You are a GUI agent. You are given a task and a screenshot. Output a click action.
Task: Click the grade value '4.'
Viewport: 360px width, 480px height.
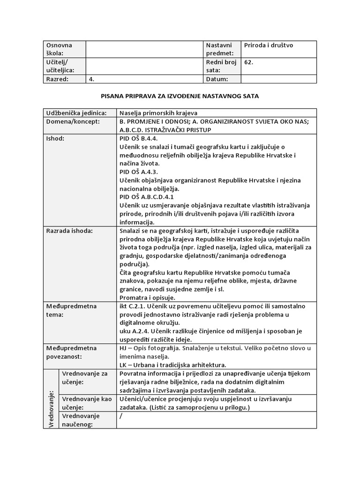92,79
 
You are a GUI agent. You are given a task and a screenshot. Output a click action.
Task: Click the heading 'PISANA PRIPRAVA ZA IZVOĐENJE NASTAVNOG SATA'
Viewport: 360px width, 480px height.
180,96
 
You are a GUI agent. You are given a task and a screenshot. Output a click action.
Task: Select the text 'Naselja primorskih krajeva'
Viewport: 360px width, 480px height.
159,113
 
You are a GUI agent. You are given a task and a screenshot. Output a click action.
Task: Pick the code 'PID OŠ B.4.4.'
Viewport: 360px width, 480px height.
140,139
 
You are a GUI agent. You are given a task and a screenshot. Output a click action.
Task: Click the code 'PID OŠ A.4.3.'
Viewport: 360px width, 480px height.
140,172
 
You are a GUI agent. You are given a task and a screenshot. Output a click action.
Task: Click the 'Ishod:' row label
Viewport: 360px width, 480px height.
55,139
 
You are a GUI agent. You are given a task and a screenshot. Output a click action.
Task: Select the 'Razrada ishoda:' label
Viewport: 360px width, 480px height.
69,231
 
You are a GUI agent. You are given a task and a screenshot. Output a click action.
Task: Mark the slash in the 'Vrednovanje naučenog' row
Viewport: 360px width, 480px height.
121,416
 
